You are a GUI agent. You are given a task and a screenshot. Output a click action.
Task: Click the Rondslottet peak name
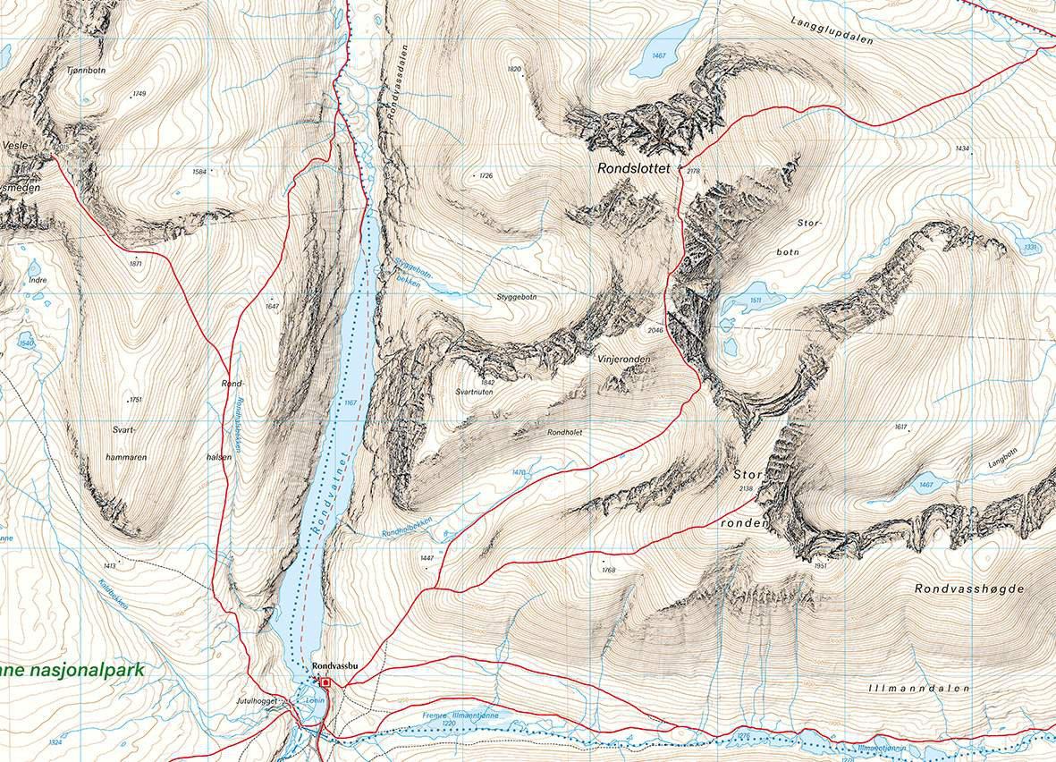tap(637, 167)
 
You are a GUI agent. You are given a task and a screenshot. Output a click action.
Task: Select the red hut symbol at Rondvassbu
tap(326, 682)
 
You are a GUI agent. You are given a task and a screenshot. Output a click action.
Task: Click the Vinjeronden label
tap(623, 359)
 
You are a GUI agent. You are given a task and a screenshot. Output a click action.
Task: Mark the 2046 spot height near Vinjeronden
tap(655, 330)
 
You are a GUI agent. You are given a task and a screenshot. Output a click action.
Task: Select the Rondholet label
tap(564, 431)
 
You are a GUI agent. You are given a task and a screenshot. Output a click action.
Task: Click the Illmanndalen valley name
tap(918, 689)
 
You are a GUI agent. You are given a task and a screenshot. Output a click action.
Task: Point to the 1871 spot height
tap(136, 264)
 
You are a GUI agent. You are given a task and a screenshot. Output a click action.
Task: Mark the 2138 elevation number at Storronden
tap(747, 488)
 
